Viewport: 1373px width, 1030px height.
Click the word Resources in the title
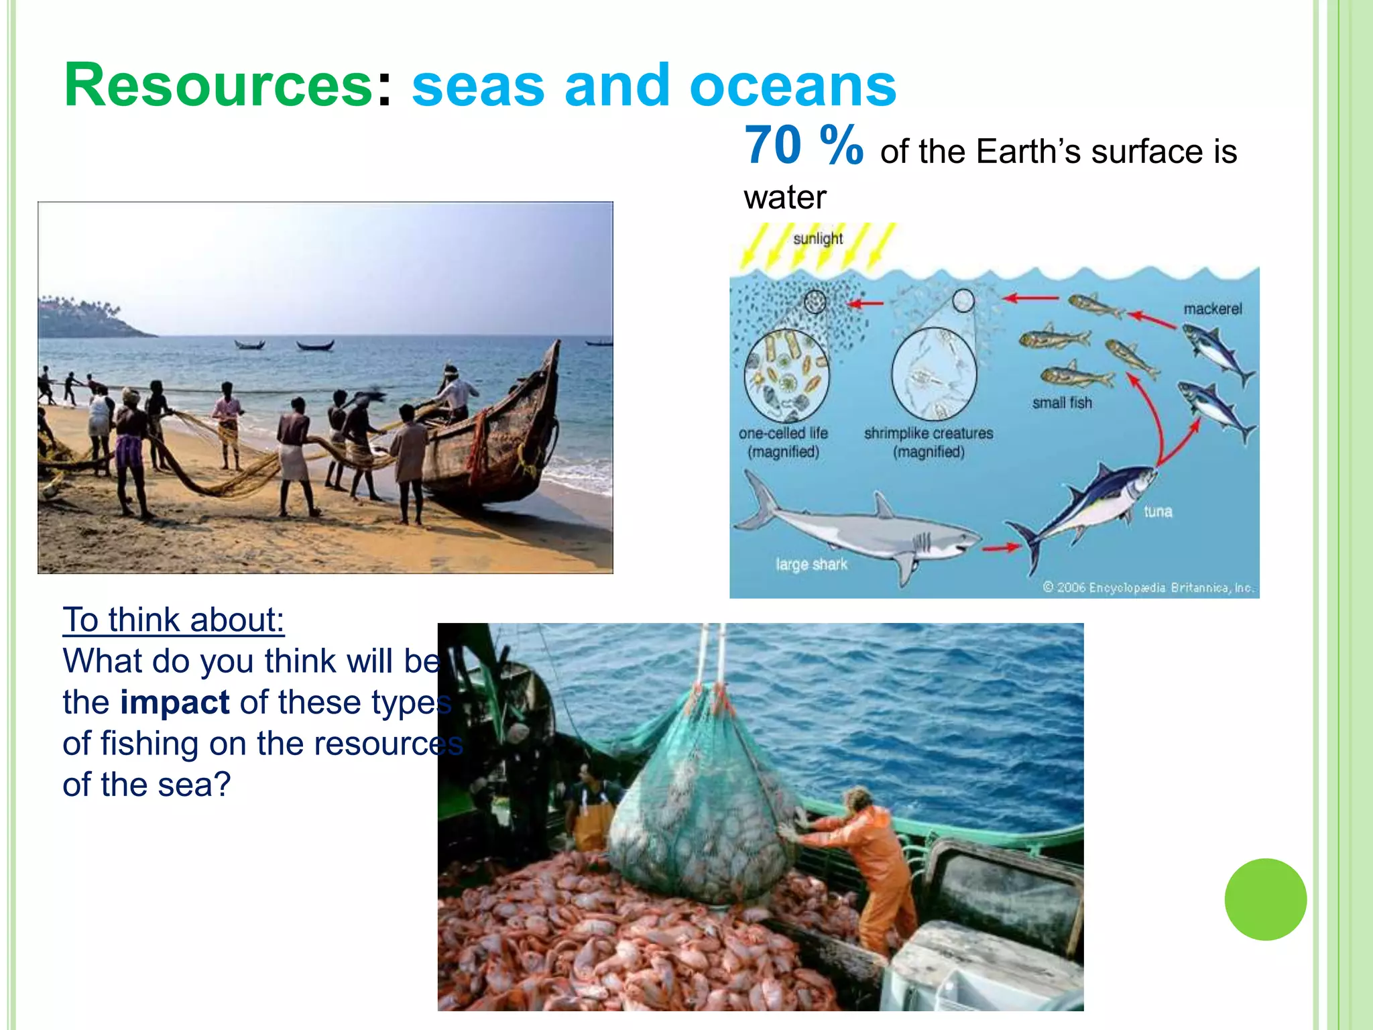[218, 85]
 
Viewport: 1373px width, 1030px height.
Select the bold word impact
[174, 702]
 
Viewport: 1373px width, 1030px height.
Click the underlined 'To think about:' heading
[174, 620]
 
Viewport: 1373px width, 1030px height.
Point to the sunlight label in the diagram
[818, 239]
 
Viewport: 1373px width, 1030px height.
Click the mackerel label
[1212, 309]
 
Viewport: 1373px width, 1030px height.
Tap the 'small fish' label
[1062, 403]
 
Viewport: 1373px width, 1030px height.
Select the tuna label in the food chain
[1158, 512]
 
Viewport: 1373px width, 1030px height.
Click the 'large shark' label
[811, 565]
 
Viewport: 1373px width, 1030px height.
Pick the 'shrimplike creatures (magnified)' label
[929, 443]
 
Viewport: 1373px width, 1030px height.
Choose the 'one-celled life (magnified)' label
[783, 443]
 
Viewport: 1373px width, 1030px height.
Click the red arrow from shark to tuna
[1000, 548]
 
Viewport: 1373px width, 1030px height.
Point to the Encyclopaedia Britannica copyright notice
[1148, 588]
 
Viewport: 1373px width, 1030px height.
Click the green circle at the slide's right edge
[1265, 899]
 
